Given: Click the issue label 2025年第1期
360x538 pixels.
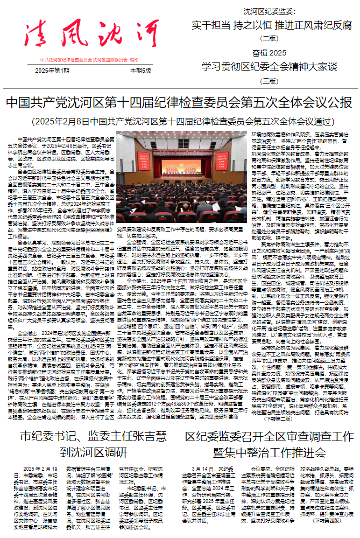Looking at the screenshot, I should tap(52, 71).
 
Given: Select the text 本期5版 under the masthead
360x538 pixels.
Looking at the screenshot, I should tap(141, 71).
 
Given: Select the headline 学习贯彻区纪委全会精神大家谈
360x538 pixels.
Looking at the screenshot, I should tap(269, 67).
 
